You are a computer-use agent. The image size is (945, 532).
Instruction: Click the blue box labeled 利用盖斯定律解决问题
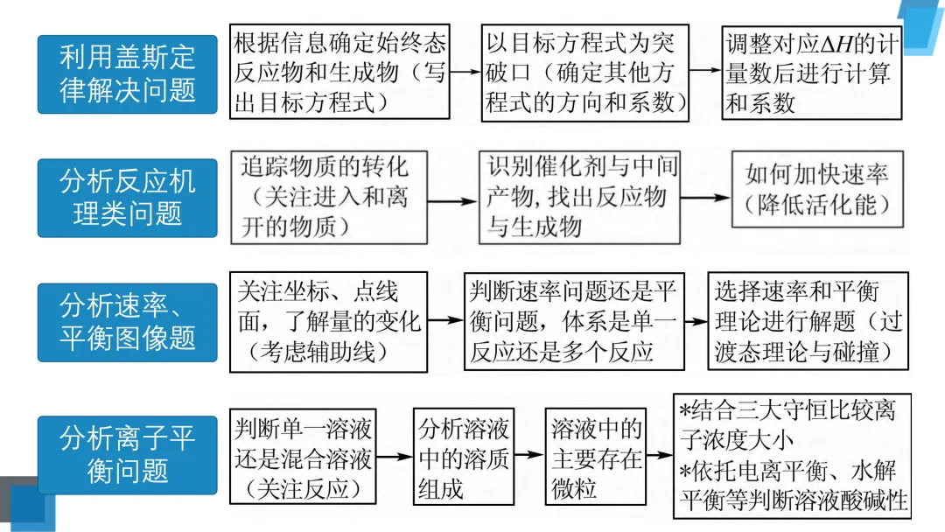(127, 74)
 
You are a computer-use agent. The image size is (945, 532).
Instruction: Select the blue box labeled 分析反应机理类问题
(127, 198)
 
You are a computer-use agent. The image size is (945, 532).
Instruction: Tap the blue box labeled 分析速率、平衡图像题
(127, 322)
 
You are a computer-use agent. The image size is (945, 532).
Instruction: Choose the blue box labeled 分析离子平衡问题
(127, 455)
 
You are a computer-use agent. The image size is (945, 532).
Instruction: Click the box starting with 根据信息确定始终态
(339, 72)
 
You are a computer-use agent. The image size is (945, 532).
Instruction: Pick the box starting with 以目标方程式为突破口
(585, 73)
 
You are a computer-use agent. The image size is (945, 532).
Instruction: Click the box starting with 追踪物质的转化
(329, 198)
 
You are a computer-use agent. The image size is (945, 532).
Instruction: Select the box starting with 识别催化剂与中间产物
(580, 198)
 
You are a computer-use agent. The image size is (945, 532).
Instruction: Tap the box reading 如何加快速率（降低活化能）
(818, 189)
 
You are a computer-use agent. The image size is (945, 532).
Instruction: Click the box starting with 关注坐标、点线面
(328, 322)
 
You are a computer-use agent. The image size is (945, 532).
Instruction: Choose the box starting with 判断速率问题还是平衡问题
(574, 321)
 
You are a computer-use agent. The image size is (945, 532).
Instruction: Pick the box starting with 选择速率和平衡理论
(808, 321)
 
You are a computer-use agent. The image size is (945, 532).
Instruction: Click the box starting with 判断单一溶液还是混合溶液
(303, 456)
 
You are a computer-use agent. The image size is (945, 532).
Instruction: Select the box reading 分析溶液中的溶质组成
(464, 456)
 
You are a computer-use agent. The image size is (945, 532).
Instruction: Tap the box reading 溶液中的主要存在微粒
(596, 456)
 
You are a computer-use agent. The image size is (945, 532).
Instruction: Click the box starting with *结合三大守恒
(792, 456)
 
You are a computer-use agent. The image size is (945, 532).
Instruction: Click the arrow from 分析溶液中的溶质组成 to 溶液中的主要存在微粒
(529, 454)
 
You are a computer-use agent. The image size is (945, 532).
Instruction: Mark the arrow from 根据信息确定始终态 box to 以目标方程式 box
(465, 72)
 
